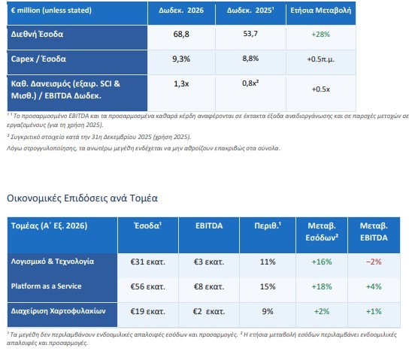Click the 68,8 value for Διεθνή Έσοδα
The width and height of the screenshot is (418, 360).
pyautogui.click(x=181, y=34)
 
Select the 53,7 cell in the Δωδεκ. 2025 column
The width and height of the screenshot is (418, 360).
pyautogui.click(x=250, y=34)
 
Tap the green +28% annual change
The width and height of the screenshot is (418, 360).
pyautogui.click(x=321, y=35)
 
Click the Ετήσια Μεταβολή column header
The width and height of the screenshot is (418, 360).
pyautogui.click(x=321, y=11)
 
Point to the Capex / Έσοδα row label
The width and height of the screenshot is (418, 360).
pyautogui.click(x=38, y=59)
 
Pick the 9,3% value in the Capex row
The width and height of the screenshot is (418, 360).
pyautogui.click(x=181, y=59)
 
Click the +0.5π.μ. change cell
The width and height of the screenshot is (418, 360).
pyautogui.click(x=321, y=59)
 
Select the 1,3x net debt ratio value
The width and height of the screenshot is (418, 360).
pyautogui.click(x=181, y=84)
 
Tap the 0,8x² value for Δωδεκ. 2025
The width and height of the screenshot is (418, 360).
pyautogui.click(x=250, y=83)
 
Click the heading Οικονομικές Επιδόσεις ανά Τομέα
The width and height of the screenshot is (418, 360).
pyautogui.click(x=82, y=198)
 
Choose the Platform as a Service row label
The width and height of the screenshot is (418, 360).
pyautogui.click(x=46, y=286)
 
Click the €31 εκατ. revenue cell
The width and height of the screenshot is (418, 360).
pyautogui.click(x=147, y=262)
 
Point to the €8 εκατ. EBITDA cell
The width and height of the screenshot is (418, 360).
pyautogui.click(x=209, y=286)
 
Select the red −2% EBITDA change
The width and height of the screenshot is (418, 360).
pyautogui.click(x=374, y=262)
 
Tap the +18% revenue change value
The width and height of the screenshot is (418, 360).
pyautogui.click(x=322, y=286)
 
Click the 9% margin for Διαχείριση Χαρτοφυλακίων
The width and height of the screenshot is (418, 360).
pyautogui.click(x=268, y=311)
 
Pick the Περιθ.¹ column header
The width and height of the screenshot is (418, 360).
pyautogui.click(x=268, y=225)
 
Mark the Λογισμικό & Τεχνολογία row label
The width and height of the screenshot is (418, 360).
pyautogui.click(x=53, y=262)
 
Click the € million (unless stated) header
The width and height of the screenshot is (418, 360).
pyautogui.click(x=51, y=11)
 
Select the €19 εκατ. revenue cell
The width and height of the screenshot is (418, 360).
pyautogui.click(x=147, y=311)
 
